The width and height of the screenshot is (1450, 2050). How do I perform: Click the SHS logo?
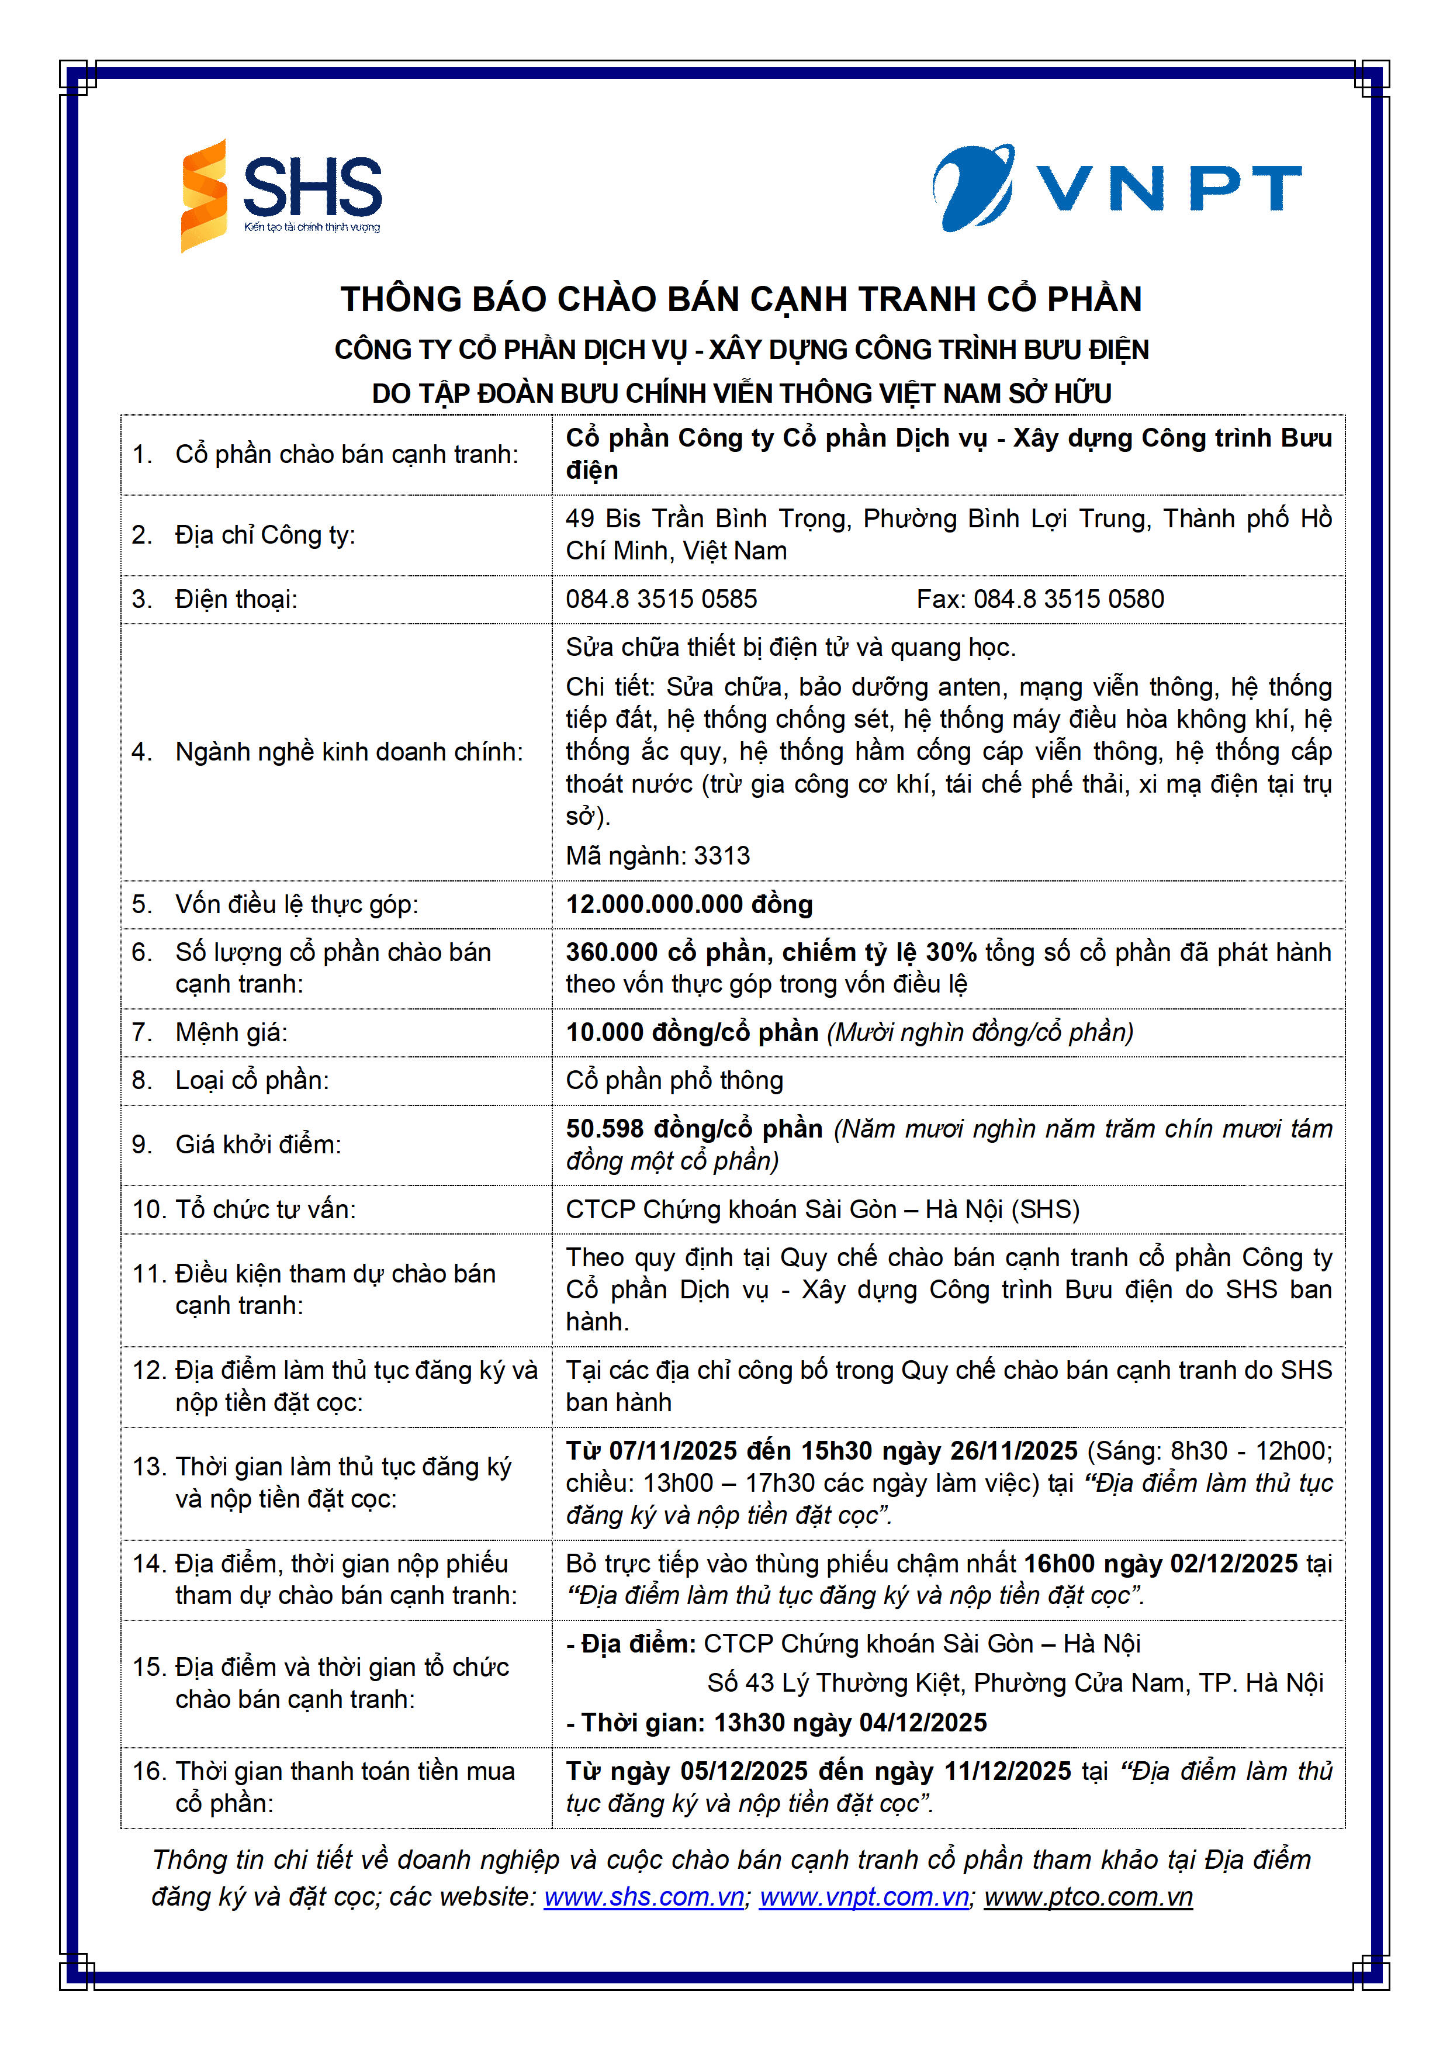tap(281, 196)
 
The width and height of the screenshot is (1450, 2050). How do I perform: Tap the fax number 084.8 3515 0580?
tap(1068, 599)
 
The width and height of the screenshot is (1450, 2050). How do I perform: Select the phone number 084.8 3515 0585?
tap(661, 599)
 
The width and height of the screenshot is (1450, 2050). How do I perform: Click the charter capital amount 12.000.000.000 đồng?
tap(688, 904)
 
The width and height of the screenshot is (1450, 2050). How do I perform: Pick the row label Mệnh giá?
tap(231, 1033)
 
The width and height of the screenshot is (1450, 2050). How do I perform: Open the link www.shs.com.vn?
tap(643, 1897)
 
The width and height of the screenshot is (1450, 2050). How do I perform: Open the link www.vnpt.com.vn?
tap(863, 1897)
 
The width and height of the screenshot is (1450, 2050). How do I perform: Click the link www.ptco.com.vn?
tap(1088, 1897)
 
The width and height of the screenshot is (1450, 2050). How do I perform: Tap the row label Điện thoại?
tap(236, 599)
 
